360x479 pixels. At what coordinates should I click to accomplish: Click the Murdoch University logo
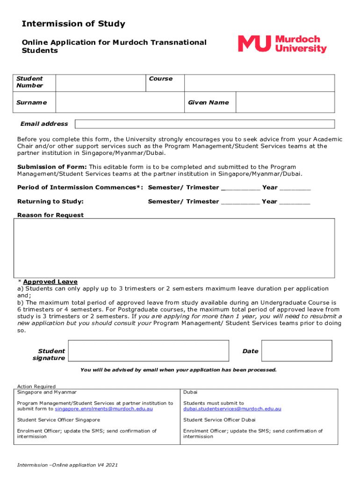pos(282,44)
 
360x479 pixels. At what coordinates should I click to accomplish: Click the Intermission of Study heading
pos(73,24)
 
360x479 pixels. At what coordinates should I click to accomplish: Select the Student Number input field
pos(100,82)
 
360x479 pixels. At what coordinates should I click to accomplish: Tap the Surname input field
pos(119,102)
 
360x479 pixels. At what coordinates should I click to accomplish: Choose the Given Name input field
pos(285,102)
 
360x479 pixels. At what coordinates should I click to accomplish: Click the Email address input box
pos(205,124)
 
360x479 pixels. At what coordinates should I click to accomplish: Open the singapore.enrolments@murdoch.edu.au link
pos(104,409)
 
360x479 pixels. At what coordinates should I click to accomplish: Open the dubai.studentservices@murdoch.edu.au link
pos(232,409)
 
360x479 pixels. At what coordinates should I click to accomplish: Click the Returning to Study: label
pos(50,202)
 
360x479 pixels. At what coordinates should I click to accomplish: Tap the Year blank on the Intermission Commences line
pos(295,188)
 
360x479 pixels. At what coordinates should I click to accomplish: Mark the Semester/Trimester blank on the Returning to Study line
pos(240,202)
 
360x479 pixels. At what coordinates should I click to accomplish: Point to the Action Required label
pos(36,386)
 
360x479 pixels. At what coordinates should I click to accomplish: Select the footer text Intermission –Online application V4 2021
pos(67,465)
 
